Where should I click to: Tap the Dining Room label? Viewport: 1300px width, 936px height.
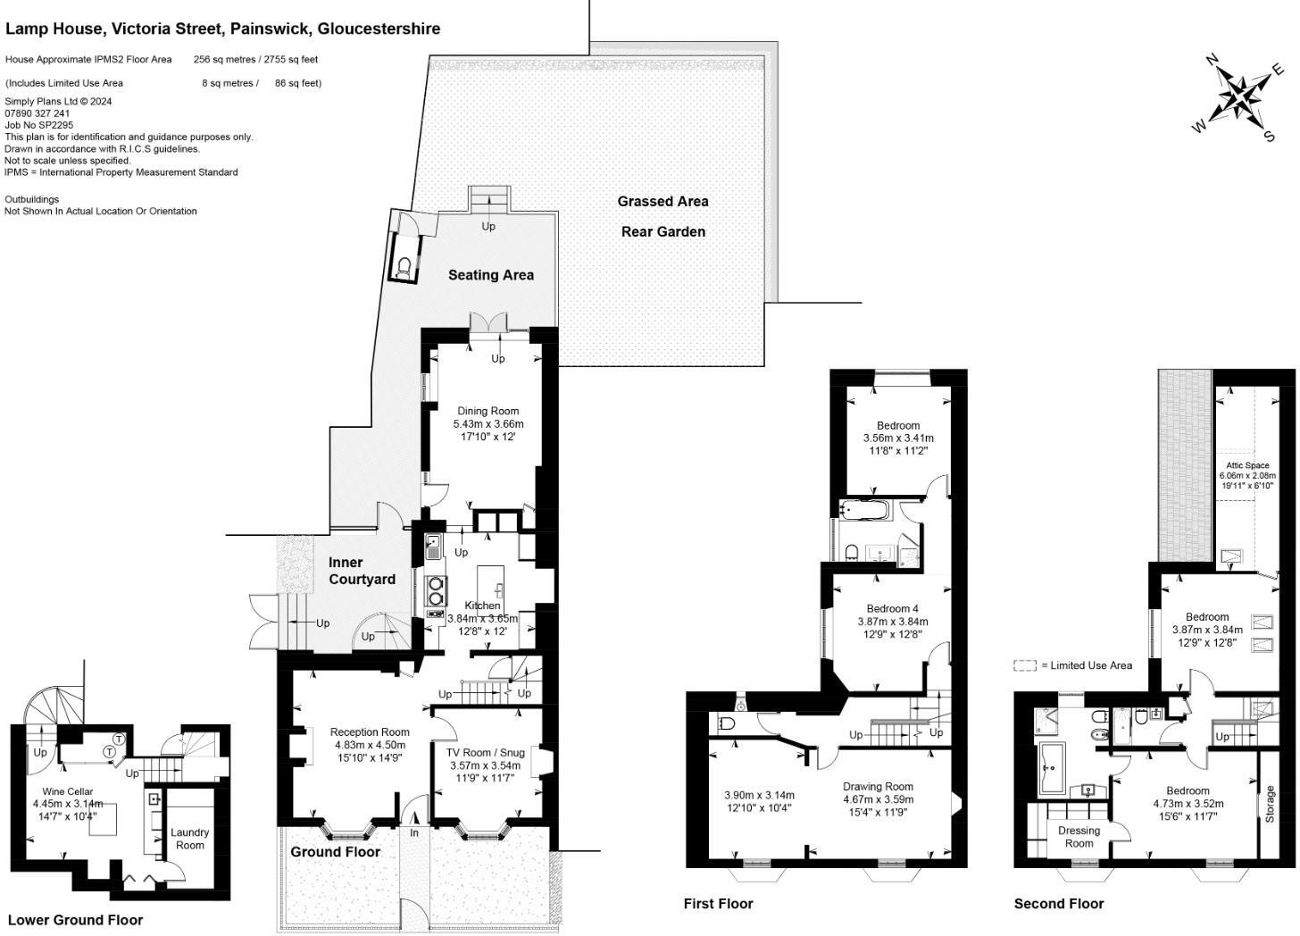pos(488,412)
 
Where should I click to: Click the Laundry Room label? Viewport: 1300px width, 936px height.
pos(189,839)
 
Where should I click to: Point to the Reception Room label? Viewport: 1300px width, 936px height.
pos(370,732)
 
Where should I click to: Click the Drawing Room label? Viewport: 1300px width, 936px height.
pos(878,787)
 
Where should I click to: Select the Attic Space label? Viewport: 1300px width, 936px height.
pos(1247,465)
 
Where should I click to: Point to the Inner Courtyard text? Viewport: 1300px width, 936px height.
pos(361,571)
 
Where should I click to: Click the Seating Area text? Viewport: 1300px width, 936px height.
pos(490,275)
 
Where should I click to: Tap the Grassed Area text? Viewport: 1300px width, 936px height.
pos(662,202)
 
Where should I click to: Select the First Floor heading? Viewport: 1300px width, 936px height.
pos(718,904)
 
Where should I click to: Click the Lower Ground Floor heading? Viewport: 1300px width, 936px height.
pos(75,920)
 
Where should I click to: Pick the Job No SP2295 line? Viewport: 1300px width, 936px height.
pos(39,125)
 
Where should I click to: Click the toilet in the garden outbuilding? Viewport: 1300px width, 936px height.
pos(404,266)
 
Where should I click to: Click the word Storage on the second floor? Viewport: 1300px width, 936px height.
pos(1270,805)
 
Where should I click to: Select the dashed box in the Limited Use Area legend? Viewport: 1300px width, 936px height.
pos(1024,665)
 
